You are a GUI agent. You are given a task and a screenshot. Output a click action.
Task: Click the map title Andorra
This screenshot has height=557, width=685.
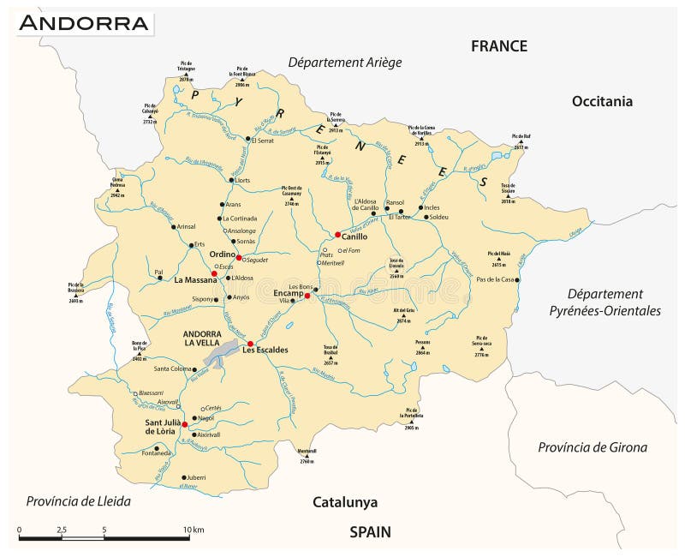83,23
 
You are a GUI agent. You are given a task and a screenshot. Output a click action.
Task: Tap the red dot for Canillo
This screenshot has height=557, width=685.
338,235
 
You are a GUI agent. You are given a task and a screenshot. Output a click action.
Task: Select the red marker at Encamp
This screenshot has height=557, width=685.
307,296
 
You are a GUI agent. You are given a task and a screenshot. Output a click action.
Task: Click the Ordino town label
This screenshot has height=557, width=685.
222,254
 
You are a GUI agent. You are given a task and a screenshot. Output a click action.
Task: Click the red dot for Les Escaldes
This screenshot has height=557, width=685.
251,344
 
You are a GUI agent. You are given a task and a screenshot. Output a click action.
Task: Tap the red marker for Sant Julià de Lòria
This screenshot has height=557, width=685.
185,423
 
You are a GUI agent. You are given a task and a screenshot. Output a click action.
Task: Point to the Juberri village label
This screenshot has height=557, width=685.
198,477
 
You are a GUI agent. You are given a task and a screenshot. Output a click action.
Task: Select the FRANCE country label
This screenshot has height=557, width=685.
499,46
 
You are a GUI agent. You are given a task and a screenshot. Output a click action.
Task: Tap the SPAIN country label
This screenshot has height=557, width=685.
370,532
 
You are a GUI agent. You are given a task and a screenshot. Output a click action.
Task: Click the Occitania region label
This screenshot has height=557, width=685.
626,101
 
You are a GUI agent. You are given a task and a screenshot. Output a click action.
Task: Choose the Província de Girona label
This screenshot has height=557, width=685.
593,446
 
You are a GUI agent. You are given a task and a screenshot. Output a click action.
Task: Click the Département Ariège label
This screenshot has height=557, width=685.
344,63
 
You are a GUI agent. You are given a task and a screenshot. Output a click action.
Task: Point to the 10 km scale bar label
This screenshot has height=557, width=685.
194,530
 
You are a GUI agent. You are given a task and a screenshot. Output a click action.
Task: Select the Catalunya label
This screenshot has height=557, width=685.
344,503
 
